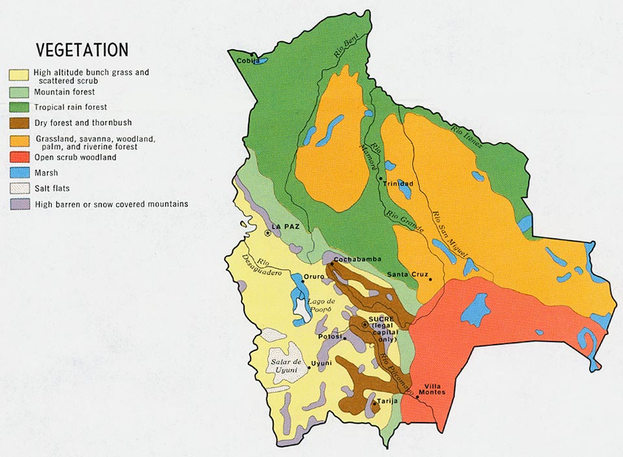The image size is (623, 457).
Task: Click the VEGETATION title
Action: point(82,51)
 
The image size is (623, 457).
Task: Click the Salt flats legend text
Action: point(53,188)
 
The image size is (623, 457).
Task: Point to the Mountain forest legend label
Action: point(65,92)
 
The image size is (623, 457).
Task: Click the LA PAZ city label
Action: point(286,227)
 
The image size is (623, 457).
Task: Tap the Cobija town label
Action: point(246,61)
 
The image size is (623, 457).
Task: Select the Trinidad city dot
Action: point(380,177)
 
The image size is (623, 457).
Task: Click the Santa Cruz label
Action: point(406,275)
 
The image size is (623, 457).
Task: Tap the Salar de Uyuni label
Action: point(286,365)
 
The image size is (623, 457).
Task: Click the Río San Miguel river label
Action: point(448,234)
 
